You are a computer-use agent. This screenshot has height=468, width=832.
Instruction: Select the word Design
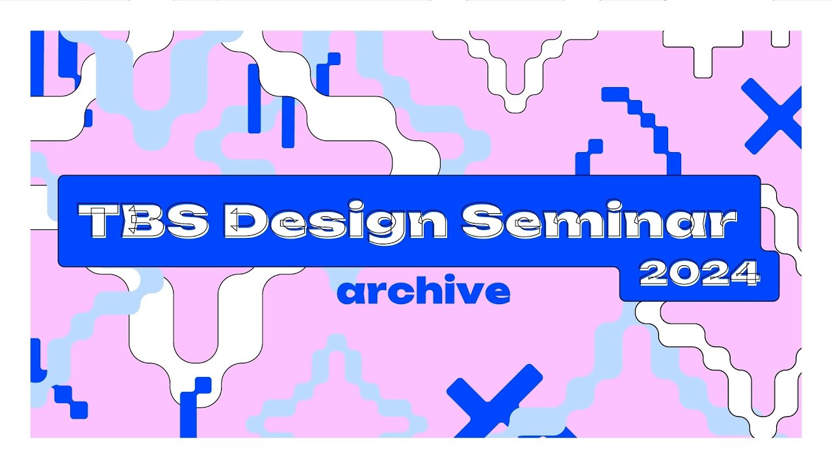pos(337,222)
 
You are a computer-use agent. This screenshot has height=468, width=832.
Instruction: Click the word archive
pos(423,292)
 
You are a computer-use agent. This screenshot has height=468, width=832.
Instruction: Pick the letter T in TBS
pos(105,220)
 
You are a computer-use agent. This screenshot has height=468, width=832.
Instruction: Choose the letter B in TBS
pos(148,220)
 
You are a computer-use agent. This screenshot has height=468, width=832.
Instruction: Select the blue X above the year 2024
pos(773,116)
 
